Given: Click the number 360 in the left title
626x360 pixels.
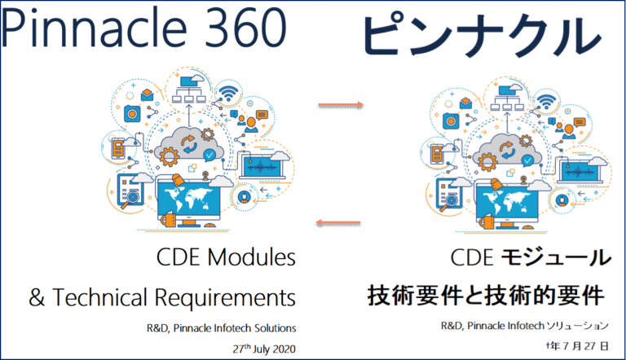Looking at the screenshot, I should [245, 29].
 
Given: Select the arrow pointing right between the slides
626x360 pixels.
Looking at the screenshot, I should [339, 105].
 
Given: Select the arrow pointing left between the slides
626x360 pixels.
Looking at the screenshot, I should [339, 222].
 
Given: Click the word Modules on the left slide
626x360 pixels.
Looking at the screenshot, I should [252, 259].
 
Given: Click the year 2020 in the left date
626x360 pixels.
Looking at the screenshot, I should [278, 348].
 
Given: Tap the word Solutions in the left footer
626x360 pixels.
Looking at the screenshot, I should [271, 328].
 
